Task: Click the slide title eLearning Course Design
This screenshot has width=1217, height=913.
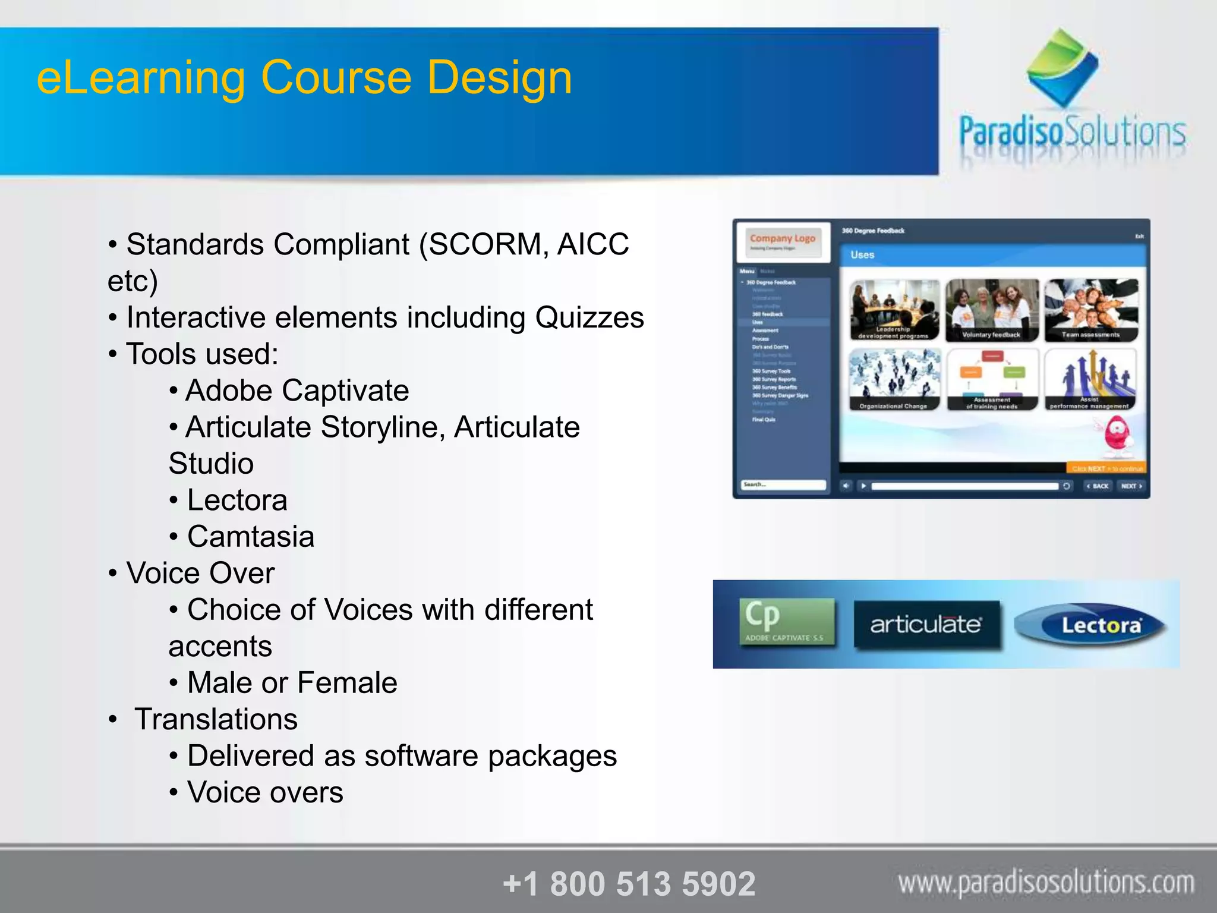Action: (304, 77)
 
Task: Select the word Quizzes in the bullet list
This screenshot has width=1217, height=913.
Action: (589, 317)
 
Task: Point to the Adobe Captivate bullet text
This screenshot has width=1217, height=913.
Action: (297, 391)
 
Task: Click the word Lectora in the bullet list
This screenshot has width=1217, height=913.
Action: (237, 500)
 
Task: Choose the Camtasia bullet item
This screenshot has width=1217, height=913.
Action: (250, 537)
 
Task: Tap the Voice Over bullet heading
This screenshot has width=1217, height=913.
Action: (200, 573)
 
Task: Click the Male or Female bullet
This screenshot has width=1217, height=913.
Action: (292, 682)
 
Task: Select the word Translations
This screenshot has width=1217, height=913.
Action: (216, 719)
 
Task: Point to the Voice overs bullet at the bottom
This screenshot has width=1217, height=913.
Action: (265, 792)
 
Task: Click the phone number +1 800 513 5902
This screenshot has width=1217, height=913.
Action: (629, 883)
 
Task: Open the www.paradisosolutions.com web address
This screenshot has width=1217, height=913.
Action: (1046, 882)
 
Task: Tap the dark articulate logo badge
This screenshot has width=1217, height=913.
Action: (926, 625)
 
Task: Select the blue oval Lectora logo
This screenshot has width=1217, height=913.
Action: (1091, 625)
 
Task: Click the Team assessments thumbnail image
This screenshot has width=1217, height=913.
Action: (1091, 310)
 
